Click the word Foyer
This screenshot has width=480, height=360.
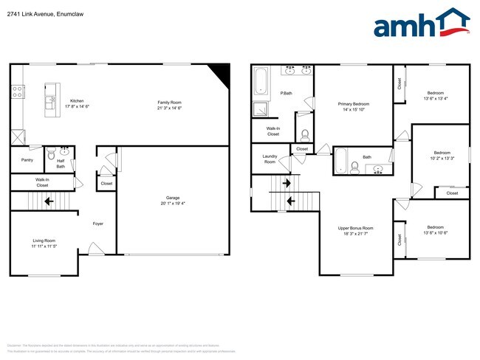point(97,224)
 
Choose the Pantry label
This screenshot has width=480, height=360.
point(27,159)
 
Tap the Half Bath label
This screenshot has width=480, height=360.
point(61,164)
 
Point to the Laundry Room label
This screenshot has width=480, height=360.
point(270,158)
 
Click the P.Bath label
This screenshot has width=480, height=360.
point(287,93)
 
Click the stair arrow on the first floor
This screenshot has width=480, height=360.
point(48,200)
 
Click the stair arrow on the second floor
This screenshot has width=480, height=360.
point(289,200)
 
